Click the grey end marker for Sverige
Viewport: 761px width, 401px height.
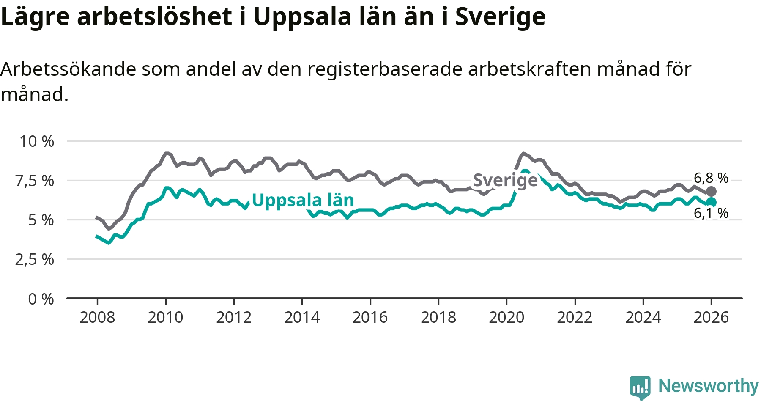point(711,191)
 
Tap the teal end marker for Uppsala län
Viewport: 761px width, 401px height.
point(711,202)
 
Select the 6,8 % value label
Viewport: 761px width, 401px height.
point(711,178)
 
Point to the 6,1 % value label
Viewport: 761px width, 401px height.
point(711,213)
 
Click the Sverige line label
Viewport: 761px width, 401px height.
point(505,180)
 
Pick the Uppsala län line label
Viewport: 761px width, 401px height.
point(303,200)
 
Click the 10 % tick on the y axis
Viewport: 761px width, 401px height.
point(37,141)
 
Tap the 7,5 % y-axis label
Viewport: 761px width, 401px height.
point(35,181)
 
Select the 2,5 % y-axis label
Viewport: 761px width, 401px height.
point(35,259)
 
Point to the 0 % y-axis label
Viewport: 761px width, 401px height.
point(41,299)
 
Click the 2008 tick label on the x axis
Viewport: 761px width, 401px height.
point(97,317)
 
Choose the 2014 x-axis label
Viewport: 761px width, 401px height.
point(302,317)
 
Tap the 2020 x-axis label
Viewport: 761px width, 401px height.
point(506,317)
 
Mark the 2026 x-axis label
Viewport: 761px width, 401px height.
point(711,317)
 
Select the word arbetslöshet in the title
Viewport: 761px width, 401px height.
point(155,17)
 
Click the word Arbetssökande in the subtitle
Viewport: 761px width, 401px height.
point(68,69)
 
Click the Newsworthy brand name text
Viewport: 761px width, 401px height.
point(709,386)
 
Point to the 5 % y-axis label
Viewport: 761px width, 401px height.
point(41,220)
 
